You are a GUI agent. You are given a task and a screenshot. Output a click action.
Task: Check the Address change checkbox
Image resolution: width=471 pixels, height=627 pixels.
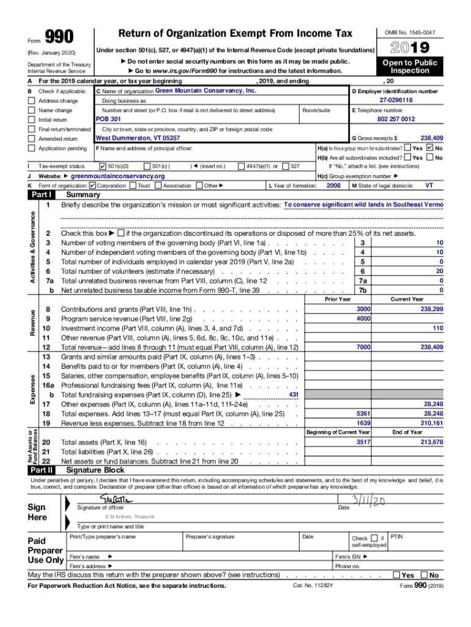31,100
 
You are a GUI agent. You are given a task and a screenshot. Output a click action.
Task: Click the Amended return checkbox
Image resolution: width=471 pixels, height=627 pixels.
31,139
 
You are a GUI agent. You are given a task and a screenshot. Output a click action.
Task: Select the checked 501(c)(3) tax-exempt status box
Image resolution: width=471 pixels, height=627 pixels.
102,166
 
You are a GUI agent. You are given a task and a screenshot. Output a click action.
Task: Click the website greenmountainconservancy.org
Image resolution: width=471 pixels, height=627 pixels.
118,176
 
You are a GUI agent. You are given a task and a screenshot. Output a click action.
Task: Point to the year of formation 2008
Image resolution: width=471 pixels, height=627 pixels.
333,185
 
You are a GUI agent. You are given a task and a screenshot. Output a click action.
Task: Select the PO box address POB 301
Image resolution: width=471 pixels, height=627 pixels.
108,119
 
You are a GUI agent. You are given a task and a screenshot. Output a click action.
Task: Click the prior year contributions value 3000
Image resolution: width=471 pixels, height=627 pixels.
363,309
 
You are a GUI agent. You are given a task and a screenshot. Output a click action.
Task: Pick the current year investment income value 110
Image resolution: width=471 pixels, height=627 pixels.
437,328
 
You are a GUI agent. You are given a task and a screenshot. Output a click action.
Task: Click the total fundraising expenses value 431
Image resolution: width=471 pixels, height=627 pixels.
293,394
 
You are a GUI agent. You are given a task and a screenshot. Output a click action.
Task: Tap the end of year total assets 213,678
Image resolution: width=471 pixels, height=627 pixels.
431,441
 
